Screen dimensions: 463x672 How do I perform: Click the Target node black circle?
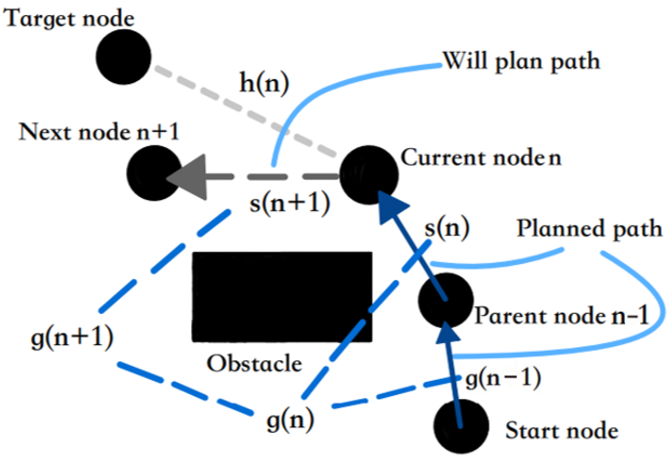coord(123,57)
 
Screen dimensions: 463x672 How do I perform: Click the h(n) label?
coord(264,83)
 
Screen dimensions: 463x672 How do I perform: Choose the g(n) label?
coord(290,421)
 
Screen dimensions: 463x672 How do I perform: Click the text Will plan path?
coord(521,61)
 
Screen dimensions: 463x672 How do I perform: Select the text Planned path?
coord(589,229)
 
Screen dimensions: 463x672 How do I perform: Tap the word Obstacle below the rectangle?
coord(254,363)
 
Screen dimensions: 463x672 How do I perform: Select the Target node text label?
coord(69,18)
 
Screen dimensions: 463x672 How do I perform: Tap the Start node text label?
coord(562,431)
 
